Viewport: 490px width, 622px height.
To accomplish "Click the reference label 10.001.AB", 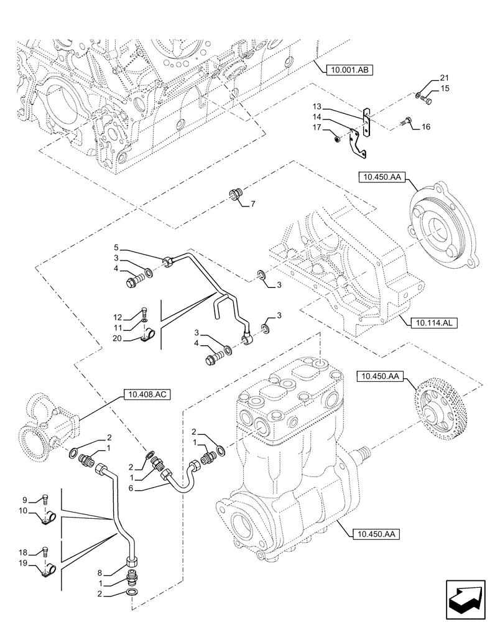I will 348,70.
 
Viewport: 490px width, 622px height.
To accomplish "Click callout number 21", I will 443,78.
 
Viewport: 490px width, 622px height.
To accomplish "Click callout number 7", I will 252,204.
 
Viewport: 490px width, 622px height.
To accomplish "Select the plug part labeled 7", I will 236,193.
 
